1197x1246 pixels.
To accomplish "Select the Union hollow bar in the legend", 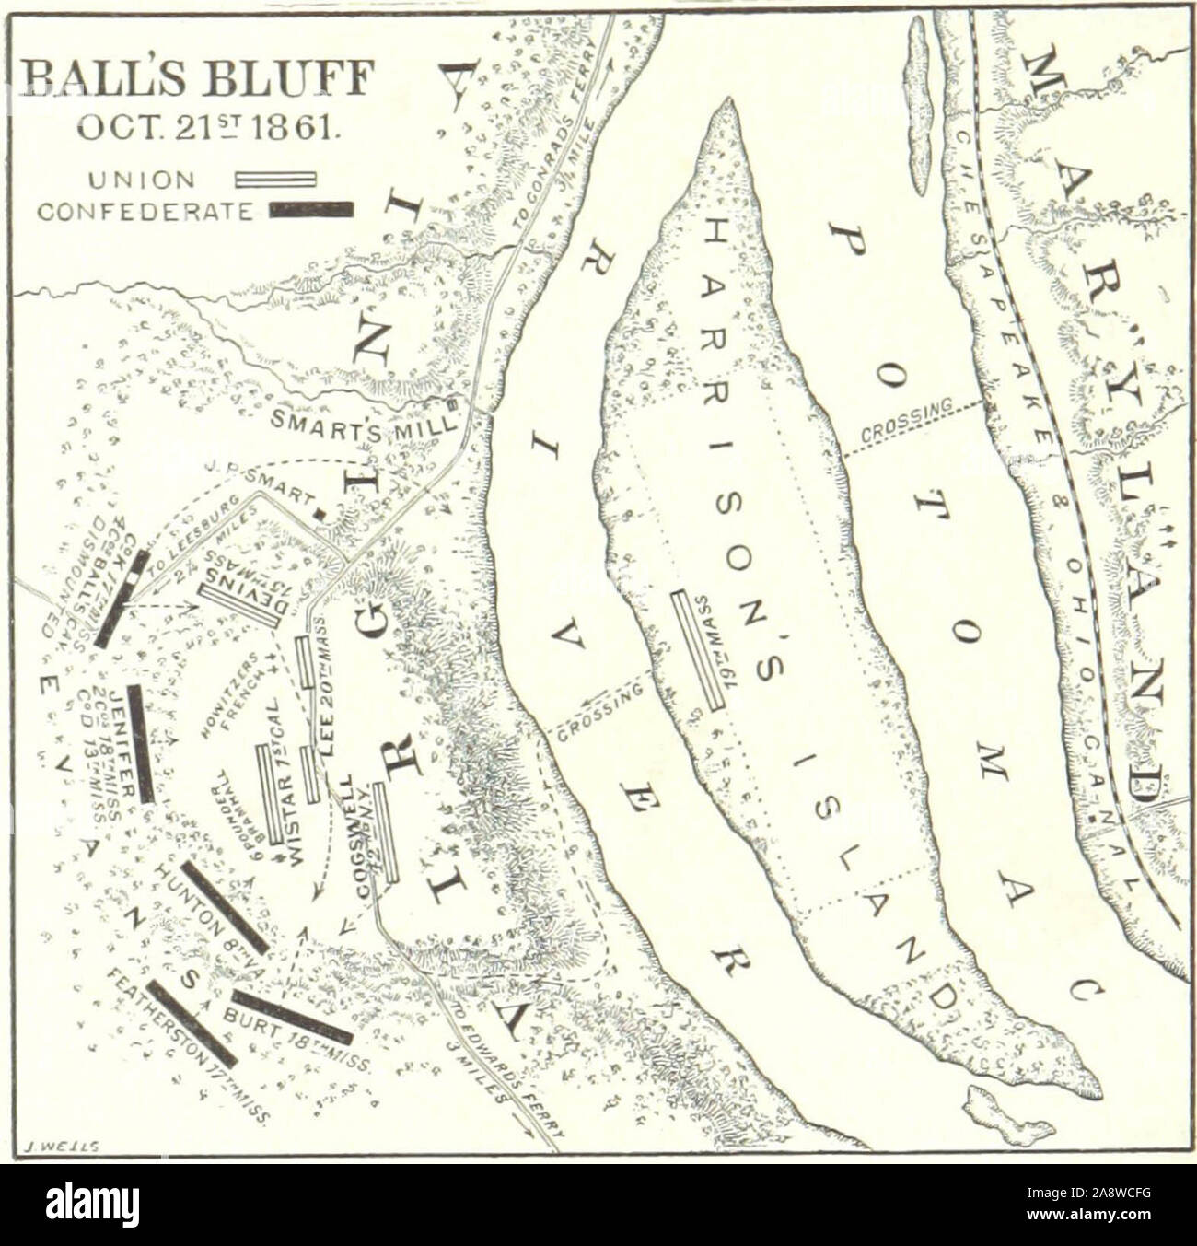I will (x=276, y=179).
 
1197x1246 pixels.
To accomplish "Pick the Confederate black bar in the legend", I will (x=310, y=210).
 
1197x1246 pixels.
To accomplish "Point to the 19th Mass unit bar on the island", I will (x=698, y=648).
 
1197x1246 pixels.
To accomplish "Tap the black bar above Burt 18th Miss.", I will (x=291, y=1016).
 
